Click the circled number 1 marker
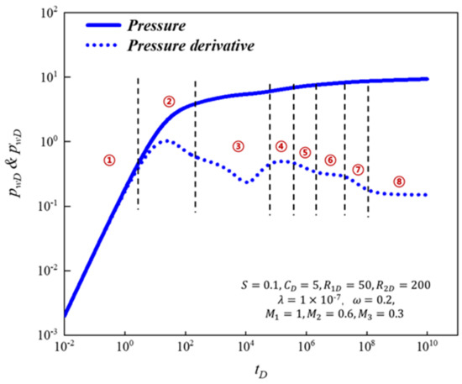point(108,160)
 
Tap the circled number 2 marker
point(168,102)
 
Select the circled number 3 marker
point(238,146)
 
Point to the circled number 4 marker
point(281,146)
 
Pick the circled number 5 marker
point(305,153)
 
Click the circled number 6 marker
point(330,160)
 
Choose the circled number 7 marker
point(358,170)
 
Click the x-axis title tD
point(247,371)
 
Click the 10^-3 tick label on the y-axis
point(45,335)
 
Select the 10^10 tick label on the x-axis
point(428,346)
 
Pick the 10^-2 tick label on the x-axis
point(64,346)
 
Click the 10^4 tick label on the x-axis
point(246,346)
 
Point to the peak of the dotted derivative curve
point(166,140)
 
